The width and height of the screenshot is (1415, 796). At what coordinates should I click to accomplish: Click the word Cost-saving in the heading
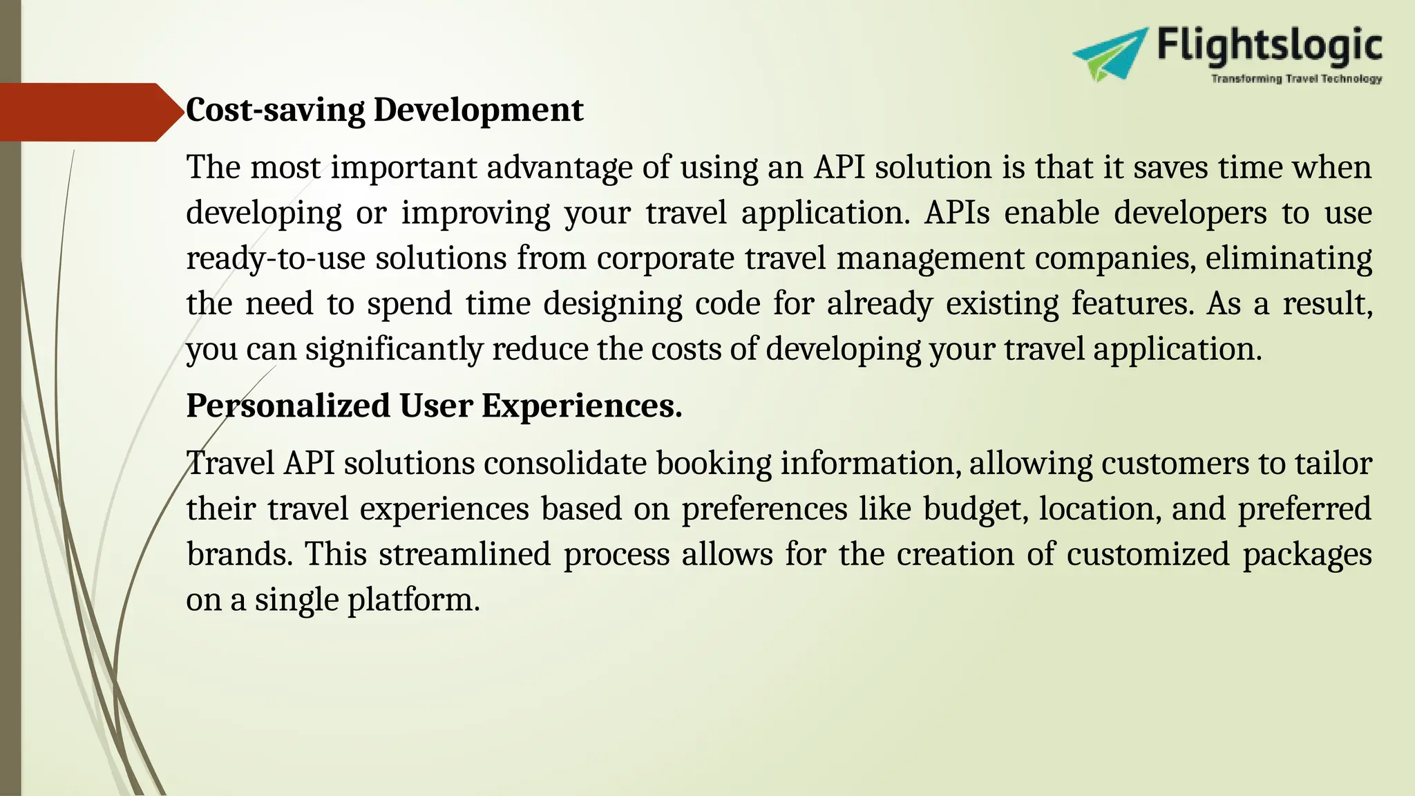pyautogui.click(x=275, y=111)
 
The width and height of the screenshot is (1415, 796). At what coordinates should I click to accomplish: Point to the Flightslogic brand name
pyautogui.click(x=1270, y=46)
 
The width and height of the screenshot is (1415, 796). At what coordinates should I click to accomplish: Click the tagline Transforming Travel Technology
pyautogui.click(x=1296, y=79)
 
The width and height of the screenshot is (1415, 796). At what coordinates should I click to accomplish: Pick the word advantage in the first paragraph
pyautogui.click(x=559, y=168)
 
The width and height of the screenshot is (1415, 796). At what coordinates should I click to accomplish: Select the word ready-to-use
pyautogui.click(x=275, y=258)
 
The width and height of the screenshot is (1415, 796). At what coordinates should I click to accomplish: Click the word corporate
pyautogui.click(x=665, y=258)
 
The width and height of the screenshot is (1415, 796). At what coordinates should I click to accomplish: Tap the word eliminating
pyautogui.click(x=1289, y=258)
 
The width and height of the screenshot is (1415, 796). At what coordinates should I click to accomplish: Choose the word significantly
pyautogui.click(x=393, y=350)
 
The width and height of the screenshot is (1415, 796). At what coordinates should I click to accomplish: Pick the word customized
pyautogui.click(x=1148, y=554)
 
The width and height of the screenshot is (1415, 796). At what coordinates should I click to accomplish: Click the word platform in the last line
pyautogui.click(x=412, y=600)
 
